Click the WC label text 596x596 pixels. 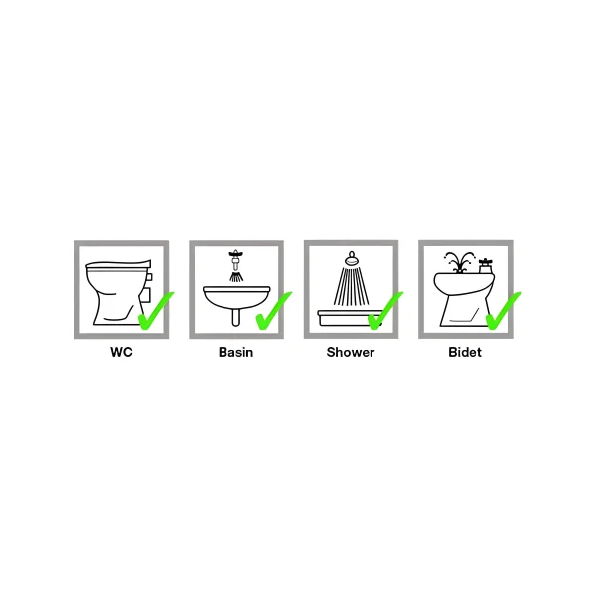121,352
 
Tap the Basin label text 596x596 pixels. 235,352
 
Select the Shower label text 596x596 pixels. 351,352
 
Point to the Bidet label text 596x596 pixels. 465,352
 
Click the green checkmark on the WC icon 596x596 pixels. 155,312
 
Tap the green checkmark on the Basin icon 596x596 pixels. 271,312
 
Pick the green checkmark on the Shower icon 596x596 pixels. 384,311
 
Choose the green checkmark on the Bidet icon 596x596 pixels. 502,312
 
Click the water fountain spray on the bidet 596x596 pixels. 457,261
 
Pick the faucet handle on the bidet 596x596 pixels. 486,263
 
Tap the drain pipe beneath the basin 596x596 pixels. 235,318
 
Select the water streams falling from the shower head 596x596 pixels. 350,288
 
